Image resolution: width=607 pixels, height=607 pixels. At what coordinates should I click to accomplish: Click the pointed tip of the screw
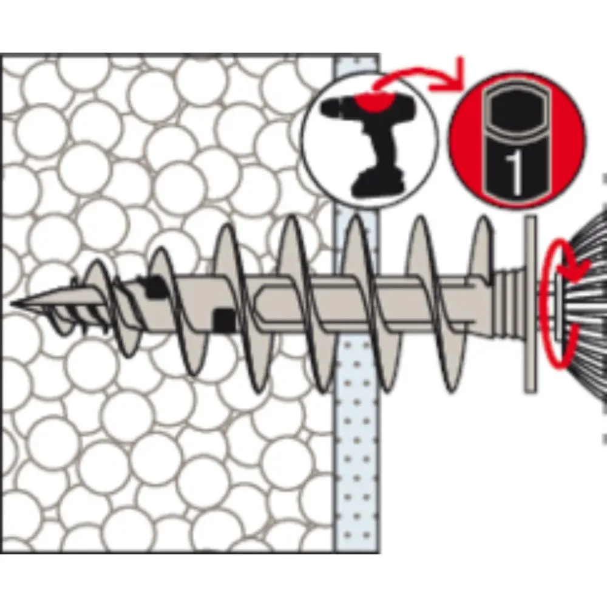12,303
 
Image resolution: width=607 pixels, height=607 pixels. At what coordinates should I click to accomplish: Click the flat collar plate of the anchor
531,304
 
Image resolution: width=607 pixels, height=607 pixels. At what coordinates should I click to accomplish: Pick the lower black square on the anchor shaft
225,320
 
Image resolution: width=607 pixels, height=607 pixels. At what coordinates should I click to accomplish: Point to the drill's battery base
378,185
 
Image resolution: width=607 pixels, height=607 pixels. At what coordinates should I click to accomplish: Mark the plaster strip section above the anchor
356,140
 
